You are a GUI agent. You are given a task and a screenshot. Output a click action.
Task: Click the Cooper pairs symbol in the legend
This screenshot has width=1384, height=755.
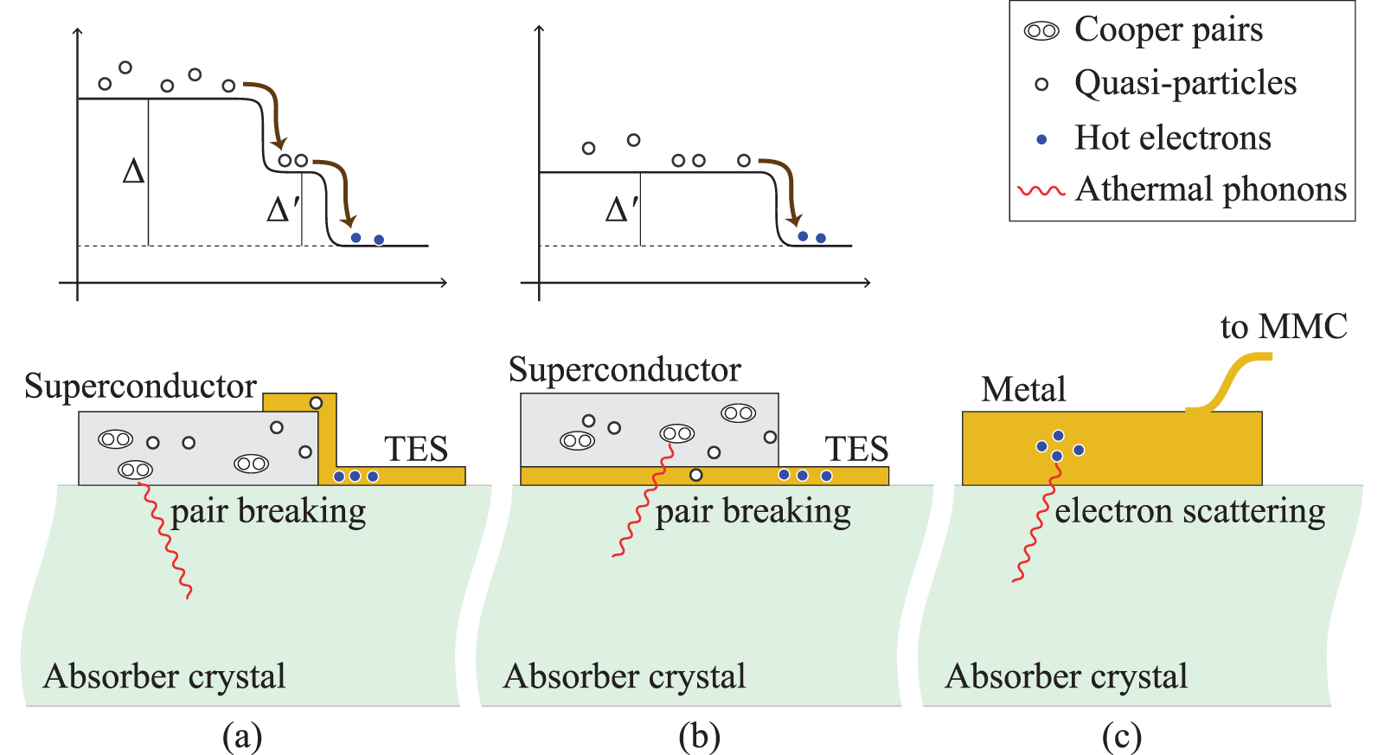(1041, 31)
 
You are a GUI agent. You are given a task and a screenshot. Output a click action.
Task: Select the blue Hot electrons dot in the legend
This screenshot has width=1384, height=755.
(1041, 139)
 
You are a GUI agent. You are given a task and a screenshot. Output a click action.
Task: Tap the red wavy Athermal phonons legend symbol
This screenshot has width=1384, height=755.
(1041, 190)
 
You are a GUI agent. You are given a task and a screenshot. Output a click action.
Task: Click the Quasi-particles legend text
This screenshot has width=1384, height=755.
(1185, 84)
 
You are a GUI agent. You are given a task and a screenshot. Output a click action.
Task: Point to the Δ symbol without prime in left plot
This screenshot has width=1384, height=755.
(133, 171)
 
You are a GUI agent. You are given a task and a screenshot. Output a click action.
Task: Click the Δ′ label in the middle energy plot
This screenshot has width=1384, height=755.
(621, 209)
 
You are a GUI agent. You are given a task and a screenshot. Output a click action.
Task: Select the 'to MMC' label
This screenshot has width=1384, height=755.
(1284, 327)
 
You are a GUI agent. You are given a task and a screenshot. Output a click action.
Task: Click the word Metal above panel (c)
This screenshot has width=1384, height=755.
(1023, 390)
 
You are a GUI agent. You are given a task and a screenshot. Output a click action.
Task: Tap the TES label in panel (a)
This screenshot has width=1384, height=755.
(416, 449)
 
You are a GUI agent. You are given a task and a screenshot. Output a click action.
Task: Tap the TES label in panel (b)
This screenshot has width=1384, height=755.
(856, 449)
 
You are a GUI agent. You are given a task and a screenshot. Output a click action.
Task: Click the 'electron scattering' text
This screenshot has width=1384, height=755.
(1189, 511)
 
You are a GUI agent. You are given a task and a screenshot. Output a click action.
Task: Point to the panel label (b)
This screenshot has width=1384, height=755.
(699, 737)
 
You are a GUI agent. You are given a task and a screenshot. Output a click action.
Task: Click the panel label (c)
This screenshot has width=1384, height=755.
(1121, 737)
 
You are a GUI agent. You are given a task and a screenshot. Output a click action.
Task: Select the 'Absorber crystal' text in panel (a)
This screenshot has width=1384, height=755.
(164, 676)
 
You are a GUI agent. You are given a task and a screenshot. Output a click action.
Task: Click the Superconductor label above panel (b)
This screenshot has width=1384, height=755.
(625, 370)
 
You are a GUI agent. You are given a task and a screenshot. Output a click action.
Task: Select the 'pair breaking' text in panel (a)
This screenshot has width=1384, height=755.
(268, 512)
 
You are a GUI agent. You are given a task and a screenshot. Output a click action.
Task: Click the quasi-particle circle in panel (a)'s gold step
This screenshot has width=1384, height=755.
(316, 403)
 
